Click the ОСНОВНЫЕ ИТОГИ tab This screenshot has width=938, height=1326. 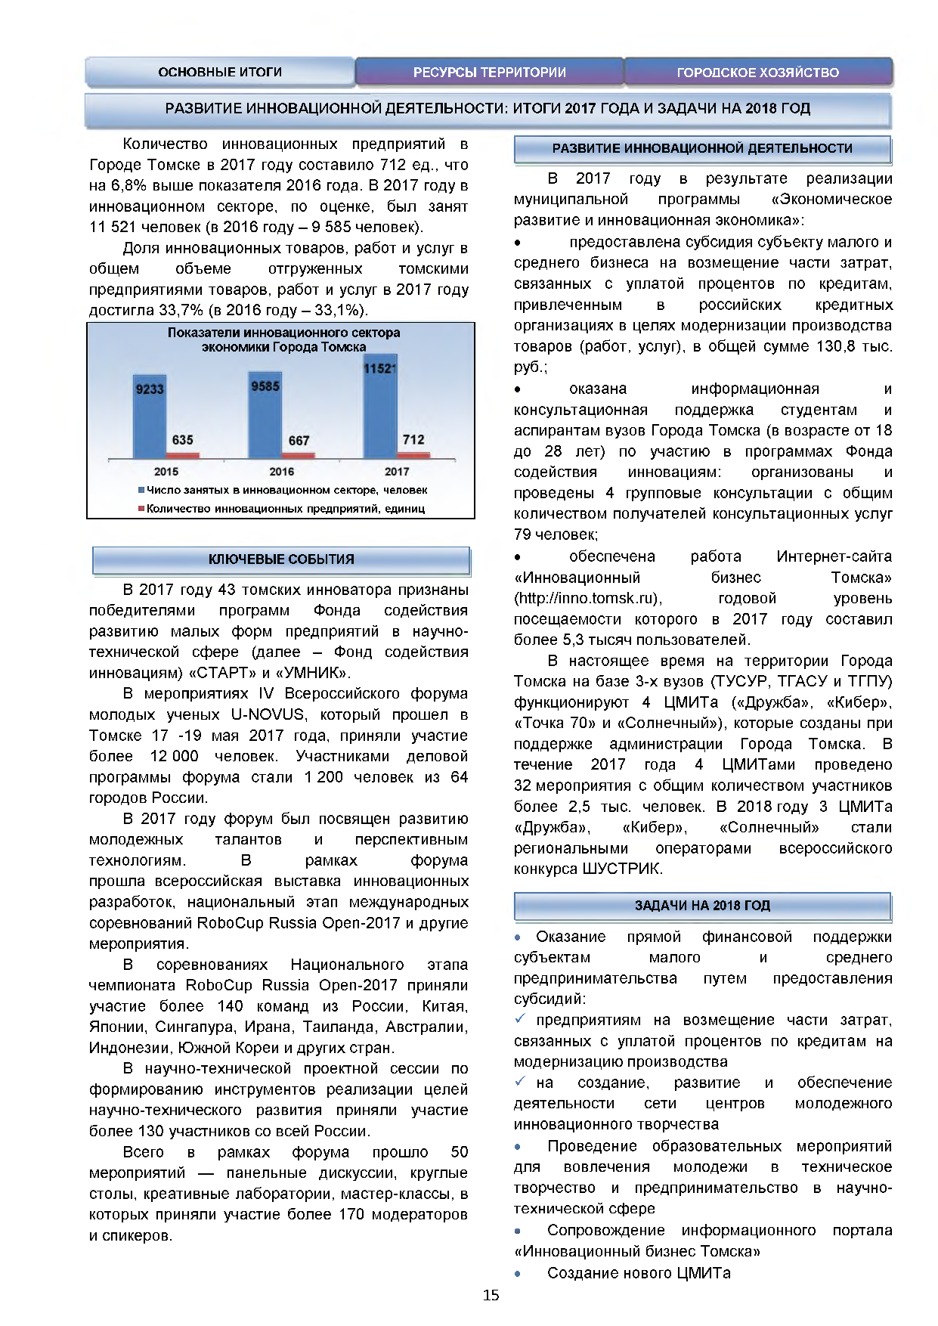(x=220, y=73)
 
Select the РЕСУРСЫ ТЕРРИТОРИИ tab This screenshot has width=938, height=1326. (x=489, y=73)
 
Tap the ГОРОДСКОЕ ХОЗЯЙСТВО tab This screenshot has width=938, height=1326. (x=757, y=73)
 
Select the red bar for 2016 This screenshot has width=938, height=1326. (x=299, y=455)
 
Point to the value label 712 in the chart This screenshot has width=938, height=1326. (x=413, y=439)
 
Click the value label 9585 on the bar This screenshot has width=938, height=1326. (x=265, y=386)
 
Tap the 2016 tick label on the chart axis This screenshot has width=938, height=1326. (x=281, y=472)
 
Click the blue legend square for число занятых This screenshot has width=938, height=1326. (x=141, y=491)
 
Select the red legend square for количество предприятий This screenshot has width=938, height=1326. (x=141, y=509)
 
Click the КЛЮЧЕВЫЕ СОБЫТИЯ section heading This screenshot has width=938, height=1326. (x=281, y=559)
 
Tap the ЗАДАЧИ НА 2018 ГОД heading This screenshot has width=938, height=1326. (x=702, y=906)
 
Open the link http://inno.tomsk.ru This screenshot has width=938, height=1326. (x=587, y=599)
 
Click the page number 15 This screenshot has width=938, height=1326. (x=491, y=1296)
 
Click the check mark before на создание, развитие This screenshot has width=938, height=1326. (x=520, y=1082)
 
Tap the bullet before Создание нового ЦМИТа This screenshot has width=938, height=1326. (x=518, y=1274)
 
